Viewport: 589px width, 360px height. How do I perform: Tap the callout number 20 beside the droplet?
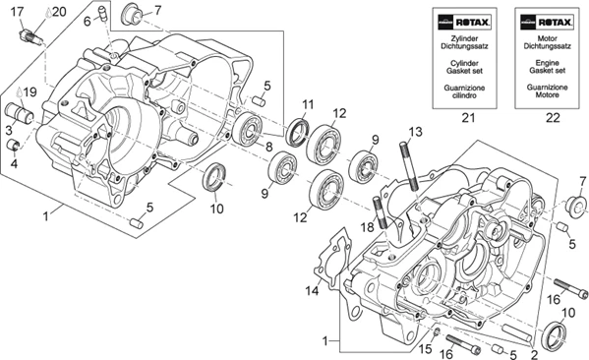(59, 12)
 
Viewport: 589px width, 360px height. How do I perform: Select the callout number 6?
(87, 20)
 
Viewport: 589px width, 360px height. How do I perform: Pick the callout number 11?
(308, 105)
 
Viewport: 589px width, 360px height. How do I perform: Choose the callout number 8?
(268, 146)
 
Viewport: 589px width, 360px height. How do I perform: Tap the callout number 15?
(427, 348)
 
